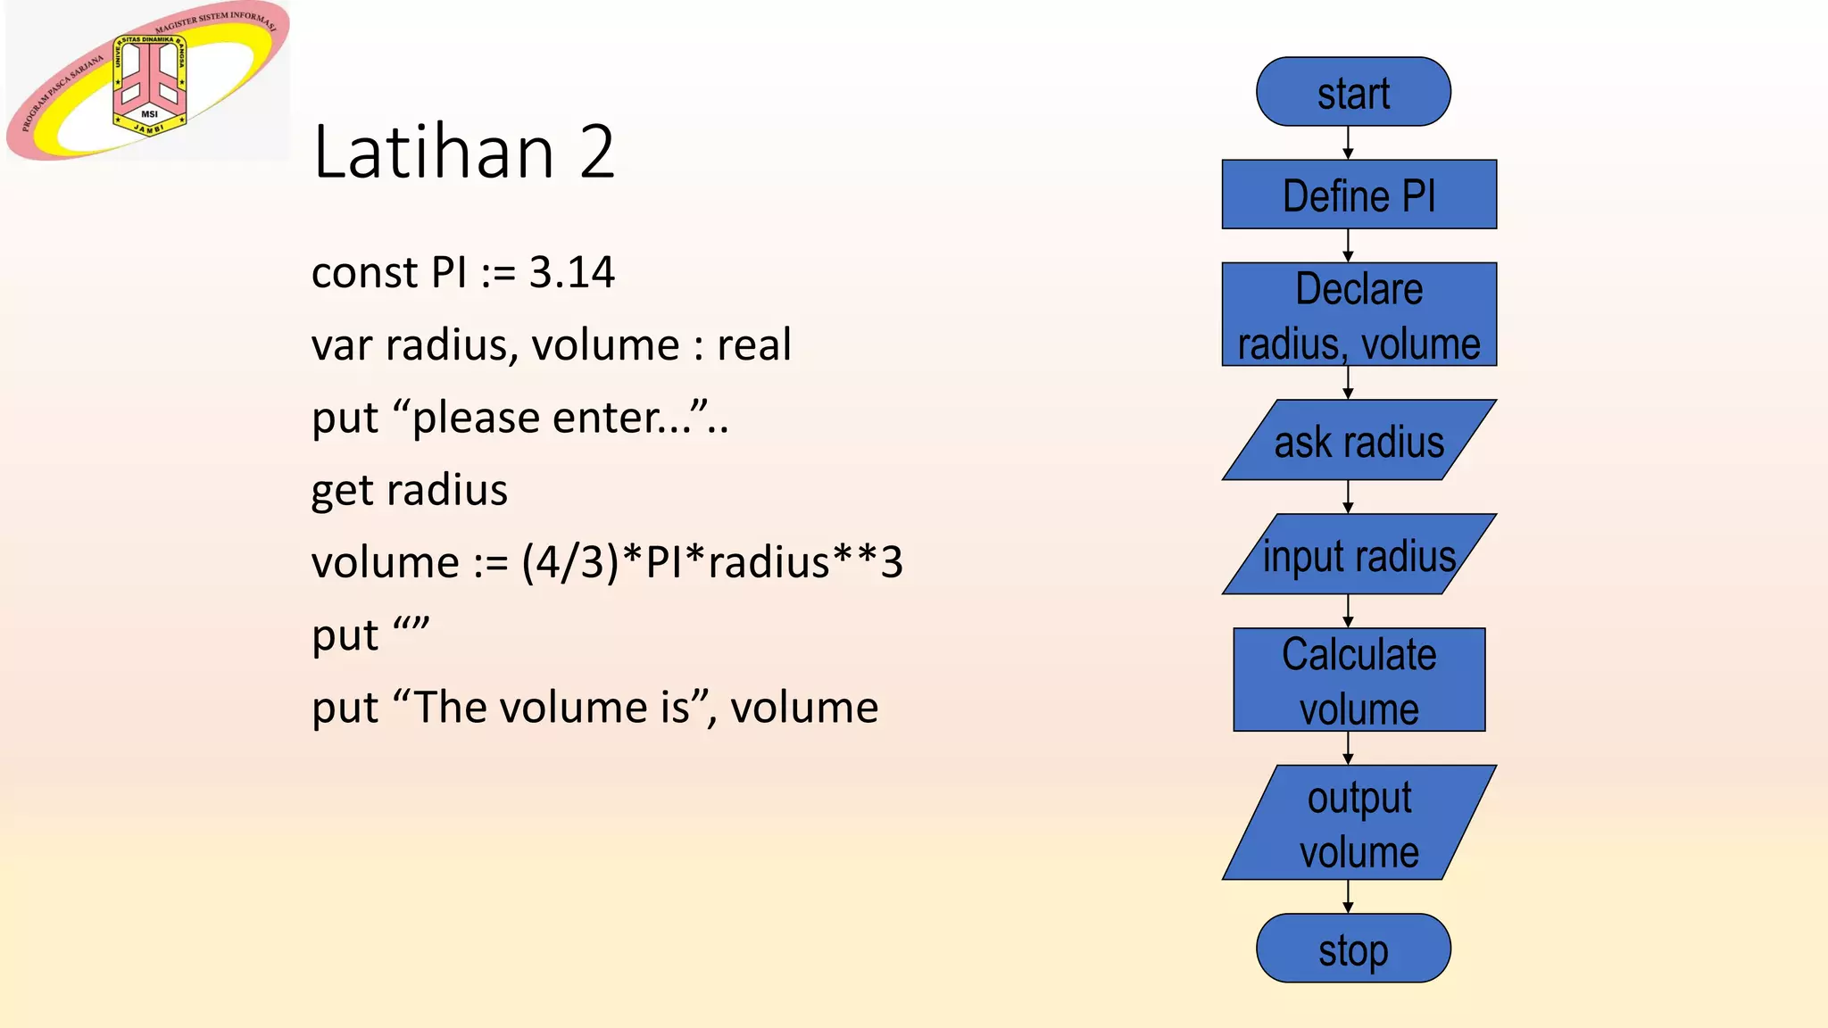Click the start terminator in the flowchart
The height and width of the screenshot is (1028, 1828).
click(x=1353, y=92)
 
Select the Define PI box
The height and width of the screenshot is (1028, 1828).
click(x=1359, y=195)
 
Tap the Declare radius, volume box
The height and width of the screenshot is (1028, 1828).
click(x=1359, y=314)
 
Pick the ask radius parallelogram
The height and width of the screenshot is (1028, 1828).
click(x=1359, y=440)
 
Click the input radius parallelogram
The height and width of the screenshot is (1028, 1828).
click(x=1359, y=554)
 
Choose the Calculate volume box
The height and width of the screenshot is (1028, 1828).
click(x=1359, y=680)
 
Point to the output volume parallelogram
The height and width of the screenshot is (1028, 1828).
click(x=1359, y=823)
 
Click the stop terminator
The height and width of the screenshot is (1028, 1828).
click(x=1353, y=949)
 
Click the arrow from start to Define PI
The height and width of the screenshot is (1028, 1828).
click(x=1348, y=143)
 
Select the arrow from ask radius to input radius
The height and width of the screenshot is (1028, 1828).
click(x=1348, y=497)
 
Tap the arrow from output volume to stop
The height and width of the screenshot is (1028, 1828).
click(x=1348, y=897)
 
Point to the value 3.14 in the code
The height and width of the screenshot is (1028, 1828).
click(x=571, y=272)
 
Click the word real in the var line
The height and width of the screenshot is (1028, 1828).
click(x=753, y=344)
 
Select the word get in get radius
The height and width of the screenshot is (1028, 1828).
click(x=341, y=491)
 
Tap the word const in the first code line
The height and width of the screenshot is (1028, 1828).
click(x=364, y=272)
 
